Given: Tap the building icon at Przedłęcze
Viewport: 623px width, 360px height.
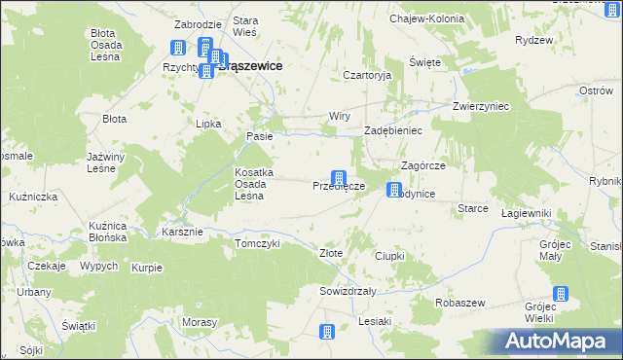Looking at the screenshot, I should pos(339,179).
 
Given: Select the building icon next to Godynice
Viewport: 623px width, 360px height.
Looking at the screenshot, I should pos(394,190).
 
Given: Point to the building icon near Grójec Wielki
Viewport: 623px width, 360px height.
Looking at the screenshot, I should pos(560,295).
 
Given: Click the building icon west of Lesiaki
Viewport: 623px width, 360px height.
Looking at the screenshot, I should pos(327,332).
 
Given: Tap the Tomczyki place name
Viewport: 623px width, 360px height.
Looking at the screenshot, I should pos(257,243).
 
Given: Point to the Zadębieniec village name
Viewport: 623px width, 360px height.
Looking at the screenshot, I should pos(392,129).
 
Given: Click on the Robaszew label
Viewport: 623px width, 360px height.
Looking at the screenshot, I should pos(460,303).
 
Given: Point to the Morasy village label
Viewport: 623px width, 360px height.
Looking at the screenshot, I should pos(199,322).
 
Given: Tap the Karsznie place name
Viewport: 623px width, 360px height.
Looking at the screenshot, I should pos(182,232).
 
